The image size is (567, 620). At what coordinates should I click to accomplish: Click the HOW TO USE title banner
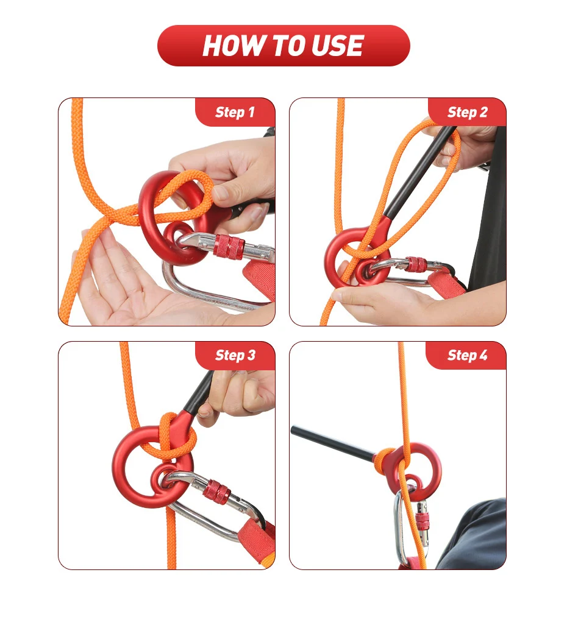(x=283, y=46)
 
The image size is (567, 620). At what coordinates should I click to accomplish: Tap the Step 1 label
(x=235, y=112)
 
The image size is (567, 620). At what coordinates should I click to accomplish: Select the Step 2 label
(x=467, y=112)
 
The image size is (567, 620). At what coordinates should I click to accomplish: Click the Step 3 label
(x=235, y=355)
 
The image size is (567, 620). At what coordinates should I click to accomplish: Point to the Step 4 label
(x=467, y=355)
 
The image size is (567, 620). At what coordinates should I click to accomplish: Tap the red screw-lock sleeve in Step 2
(x=416, y=264)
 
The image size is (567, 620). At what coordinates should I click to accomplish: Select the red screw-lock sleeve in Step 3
(x=216, y=491)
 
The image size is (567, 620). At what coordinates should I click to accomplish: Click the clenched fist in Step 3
(x=238, y=393)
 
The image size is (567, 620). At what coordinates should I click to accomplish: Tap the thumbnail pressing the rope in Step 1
(x=220, y=193)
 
